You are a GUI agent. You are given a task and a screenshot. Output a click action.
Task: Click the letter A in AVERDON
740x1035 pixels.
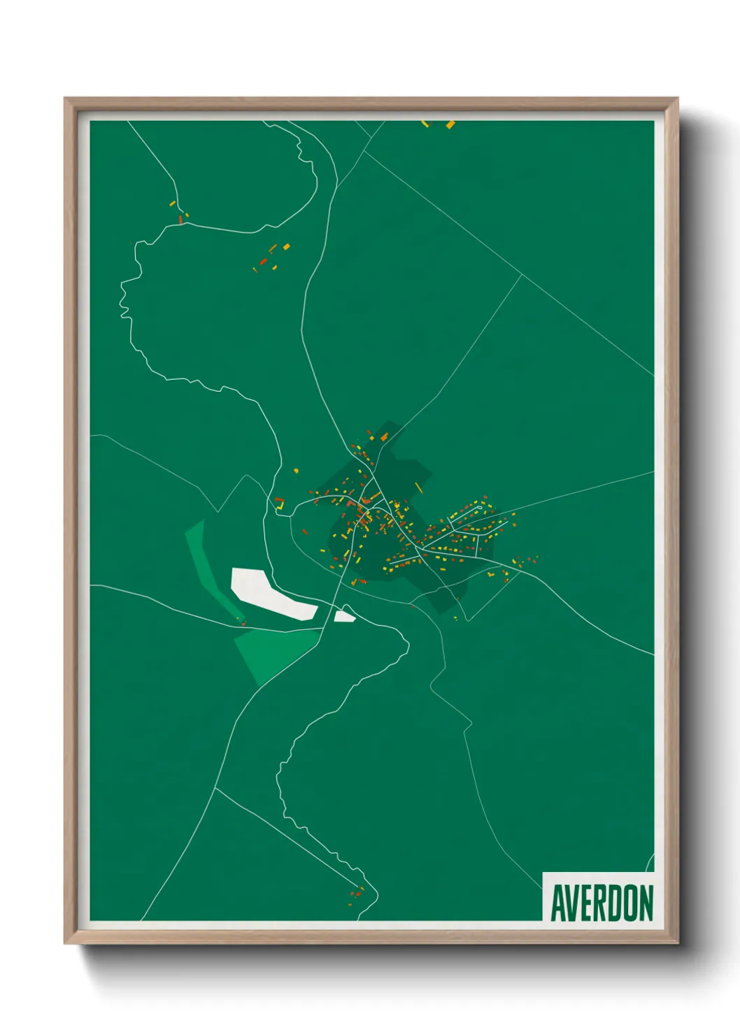click(557, 904)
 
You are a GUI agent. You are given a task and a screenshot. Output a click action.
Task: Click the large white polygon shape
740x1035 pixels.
click(269, 593)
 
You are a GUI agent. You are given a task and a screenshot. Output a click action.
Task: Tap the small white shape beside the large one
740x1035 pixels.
click(344, 616)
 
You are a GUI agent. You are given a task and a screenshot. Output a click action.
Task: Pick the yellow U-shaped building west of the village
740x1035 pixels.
click(280, 503)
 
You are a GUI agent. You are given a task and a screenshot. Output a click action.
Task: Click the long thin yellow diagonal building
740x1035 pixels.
click(419, 487)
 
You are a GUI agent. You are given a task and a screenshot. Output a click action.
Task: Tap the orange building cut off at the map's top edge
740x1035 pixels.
click(450, 124)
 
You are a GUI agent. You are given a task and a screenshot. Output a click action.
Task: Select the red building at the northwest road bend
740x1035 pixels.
click(180, 220)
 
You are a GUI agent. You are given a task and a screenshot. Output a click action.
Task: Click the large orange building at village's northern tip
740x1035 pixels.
click(383, 436)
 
